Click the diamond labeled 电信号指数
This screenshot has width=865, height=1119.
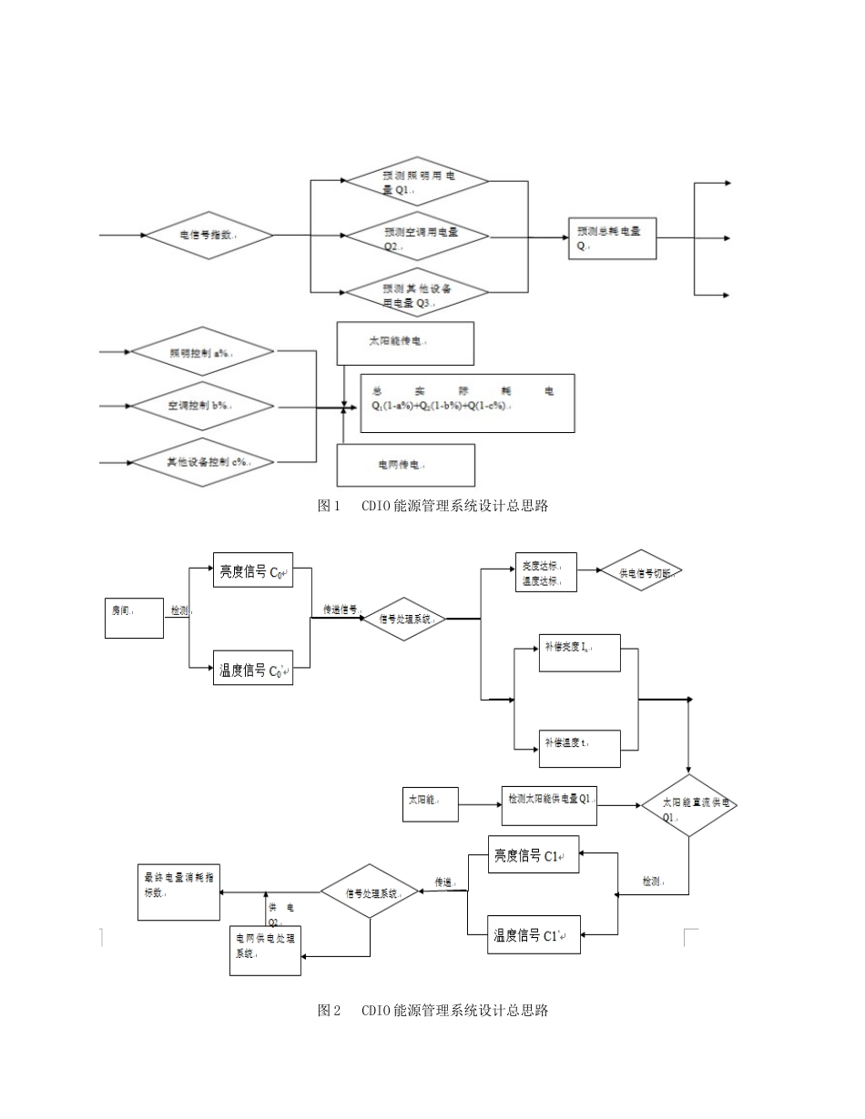[209, 235]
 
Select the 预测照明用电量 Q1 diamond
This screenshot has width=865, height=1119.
[417, 182]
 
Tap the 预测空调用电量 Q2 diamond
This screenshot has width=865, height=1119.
[417, 238]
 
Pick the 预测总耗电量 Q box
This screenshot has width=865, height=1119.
[611, 238]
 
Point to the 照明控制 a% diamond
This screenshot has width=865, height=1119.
[202, 351]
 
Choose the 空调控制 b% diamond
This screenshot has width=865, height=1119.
[202, 406]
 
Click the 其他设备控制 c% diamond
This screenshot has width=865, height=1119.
[202, 462]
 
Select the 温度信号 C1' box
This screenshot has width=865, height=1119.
[534, 935]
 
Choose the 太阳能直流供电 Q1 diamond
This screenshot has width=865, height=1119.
[688, 806]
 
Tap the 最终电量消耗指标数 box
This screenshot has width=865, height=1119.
[178, 892]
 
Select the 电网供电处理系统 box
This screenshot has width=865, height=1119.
[265, 950]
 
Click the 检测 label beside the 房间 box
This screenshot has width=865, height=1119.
[179, 610]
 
